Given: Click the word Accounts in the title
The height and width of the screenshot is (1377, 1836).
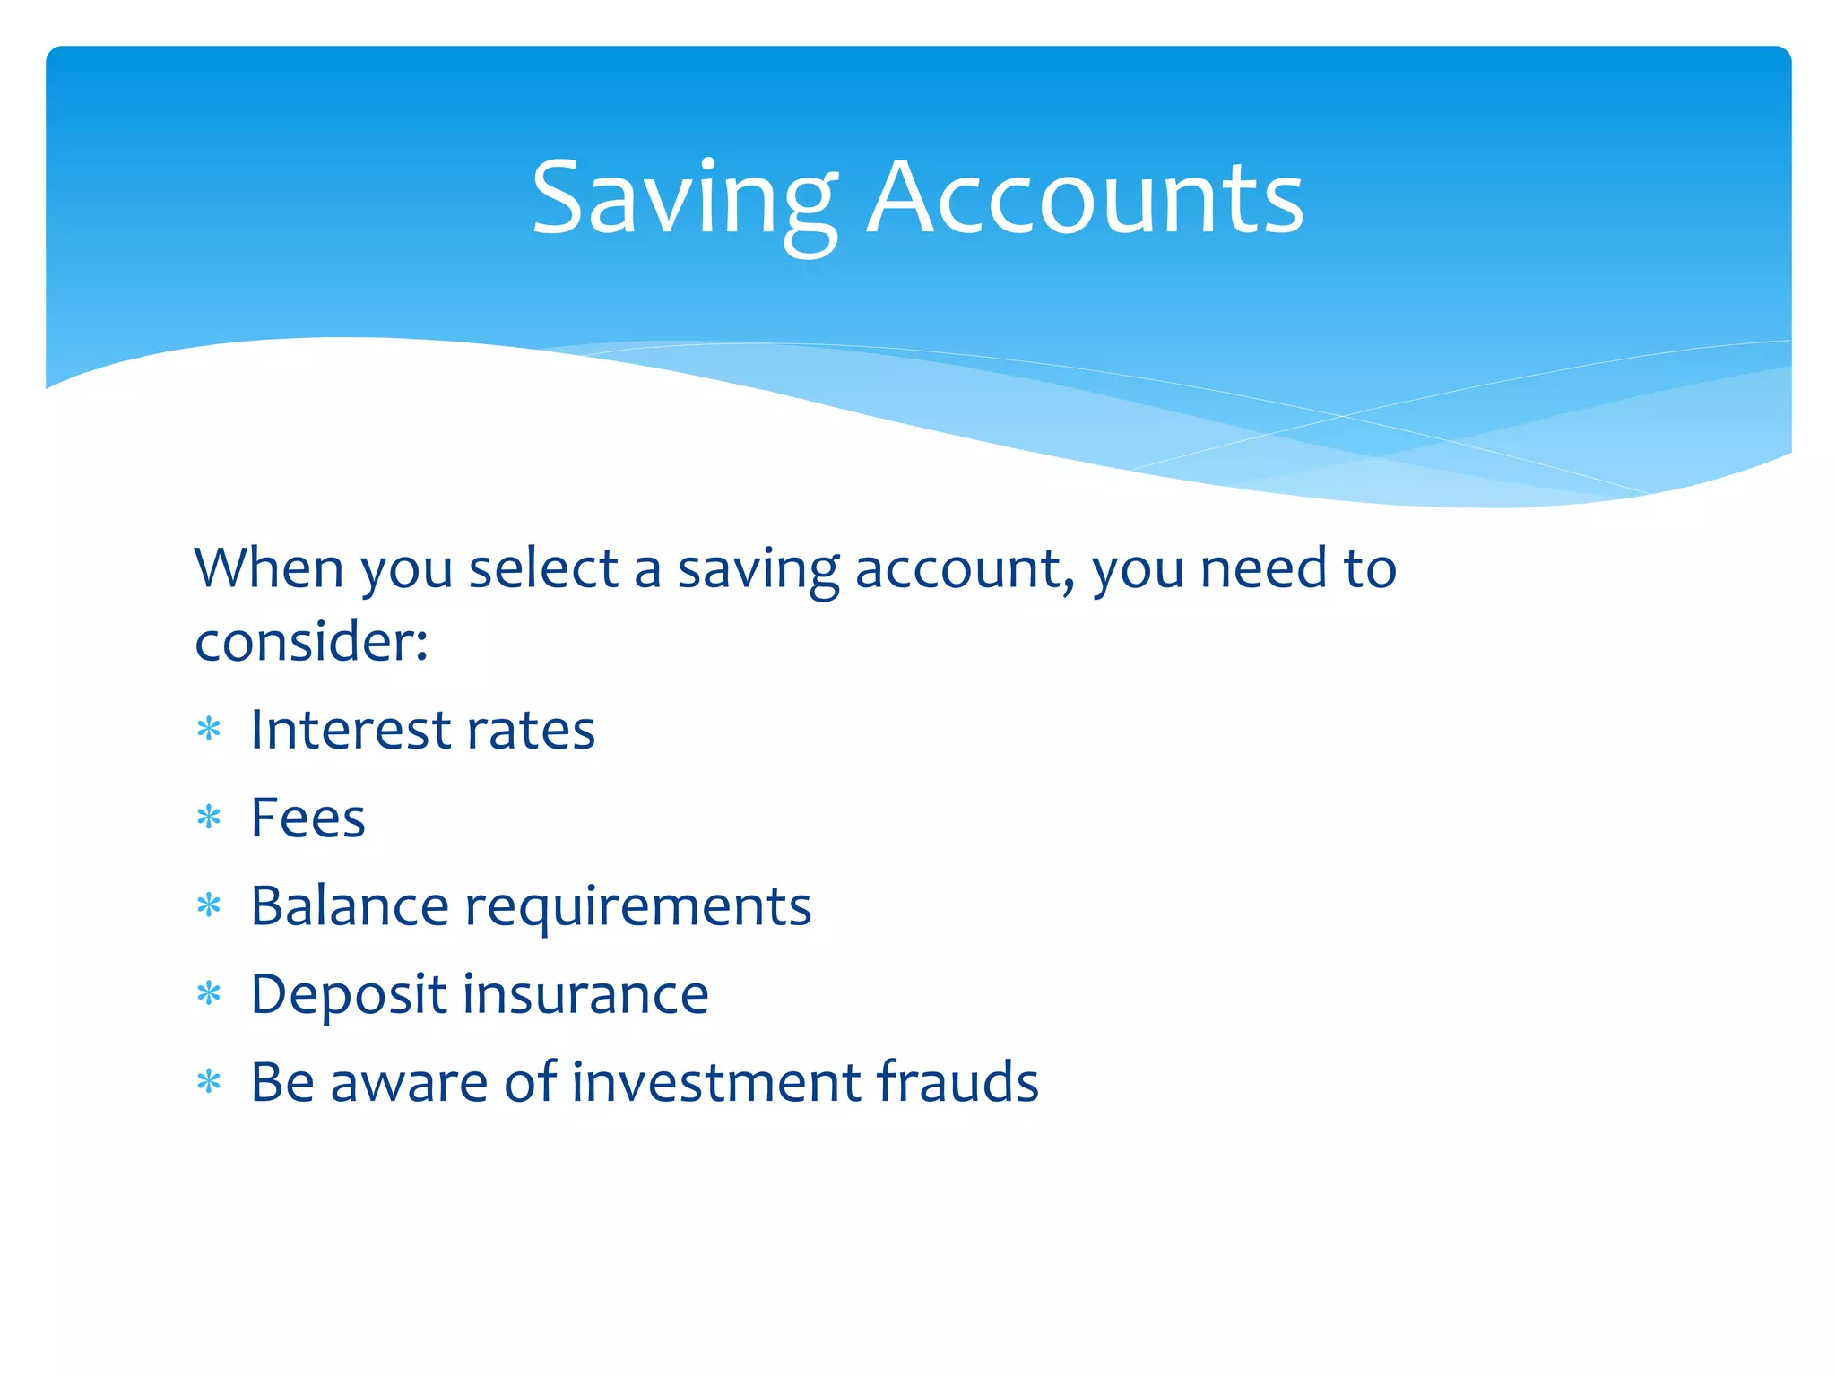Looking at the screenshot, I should (x=1087, y=199).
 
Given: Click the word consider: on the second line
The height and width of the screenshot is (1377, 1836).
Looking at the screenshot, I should (x=311, y=642).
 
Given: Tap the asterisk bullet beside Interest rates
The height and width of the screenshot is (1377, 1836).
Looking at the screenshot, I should (x=209, y=730).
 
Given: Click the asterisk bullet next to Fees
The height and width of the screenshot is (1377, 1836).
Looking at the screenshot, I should (x=209, y=818).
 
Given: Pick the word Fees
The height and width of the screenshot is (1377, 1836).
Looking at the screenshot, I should (x=307, y=818).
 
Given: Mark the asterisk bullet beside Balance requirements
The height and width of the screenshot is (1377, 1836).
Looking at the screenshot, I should (x=209, y=905).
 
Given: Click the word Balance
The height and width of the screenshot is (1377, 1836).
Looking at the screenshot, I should (x=349, y=905).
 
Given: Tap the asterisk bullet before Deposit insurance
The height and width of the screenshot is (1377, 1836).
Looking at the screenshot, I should (x=209, y=993).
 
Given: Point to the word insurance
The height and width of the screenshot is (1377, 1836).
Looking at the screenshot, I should (x=585, y=993).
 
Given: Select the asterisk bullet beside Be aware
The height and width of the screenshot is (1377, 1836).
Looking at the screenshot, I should (x=209, y=1082).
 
